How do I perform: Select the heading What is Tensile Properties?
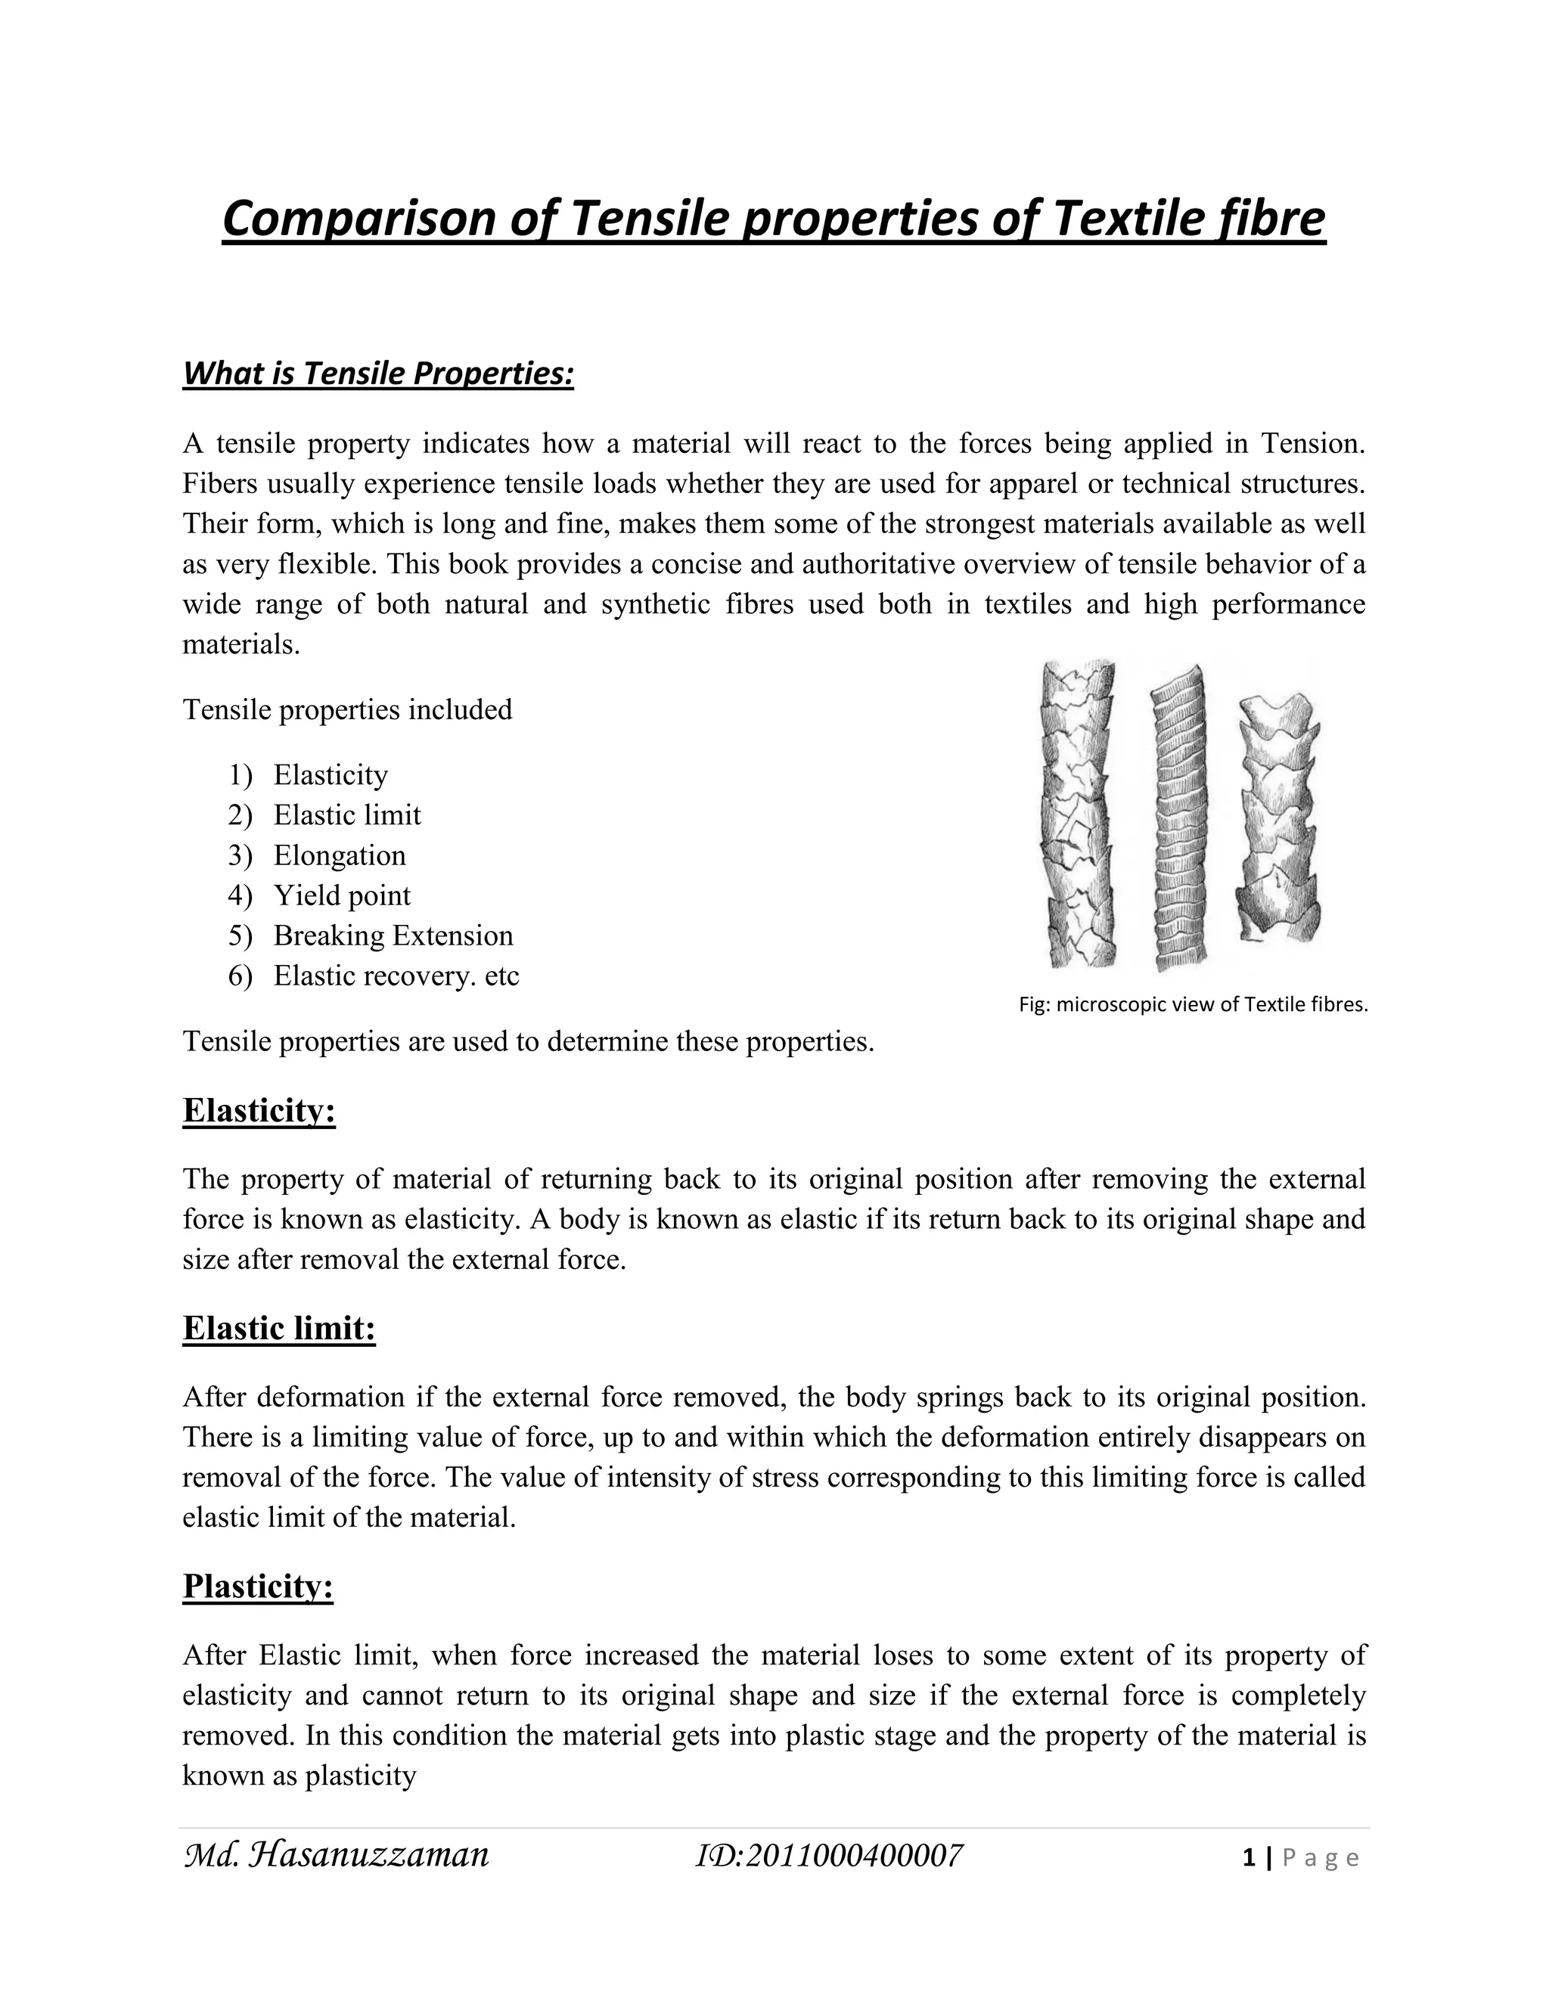pyautogui.click(x=378, y=374)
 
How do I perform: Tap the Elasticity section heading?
pyautogui.click(x=259, y=1110)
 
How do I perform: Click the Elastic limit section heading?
pyautogui.click(x=279, y=1328)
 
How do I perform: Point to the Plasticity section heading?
pyautogui.click(x=258, y=1586)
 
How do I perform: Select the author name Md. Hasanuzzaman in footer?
pyautogui.click(x=337, y=1854)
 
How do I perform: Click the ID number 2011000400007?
pyautogui.click(x=830, y=1855)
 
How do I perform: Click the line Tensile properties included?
pyautogui.click(x=347, y=709)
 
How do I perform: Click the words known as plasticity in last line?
pyautogui.click(x=300, y=1776)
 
